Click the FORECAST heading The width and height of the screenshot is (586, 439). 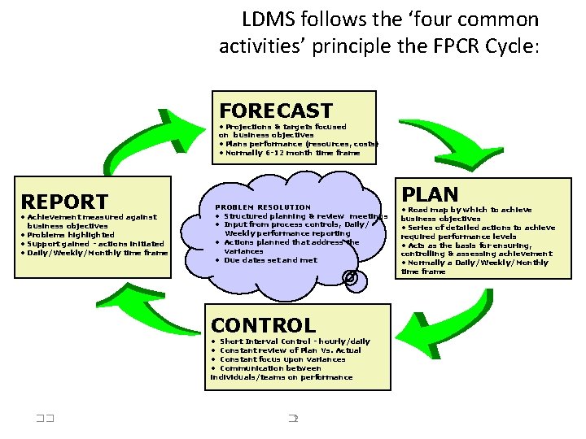coord(276,111)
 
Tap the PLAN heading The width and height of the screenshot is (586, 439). coord(431,195)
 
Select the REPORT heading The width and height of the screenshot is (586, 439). coord(64,202)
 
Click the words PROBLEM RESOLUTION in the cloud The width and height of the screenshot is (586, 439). coord(263,207)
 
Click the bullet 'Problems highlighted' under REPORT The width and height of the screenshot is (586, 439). coord(62,235)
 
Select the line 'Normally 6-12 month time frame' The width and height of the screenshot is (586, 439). coord(290,153)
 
